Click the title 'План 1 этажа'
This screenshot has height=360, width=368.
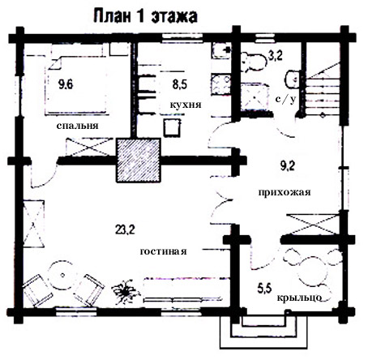click(145, 16)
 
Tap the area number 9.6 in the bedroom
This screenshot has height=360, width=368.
click(66, 84)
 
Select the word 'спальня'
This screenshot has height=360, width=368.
click(78, 126)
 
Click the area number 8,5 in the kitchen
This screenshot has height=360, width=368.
click(180, 84)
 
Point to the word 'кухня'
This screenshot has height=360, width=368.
click(186, 105)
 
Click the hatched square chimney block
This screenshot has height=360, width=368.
click(139, 161)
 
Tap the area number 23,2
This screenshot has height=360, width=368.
click(125, 229)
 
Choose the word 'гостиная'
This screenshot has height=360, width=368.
click(164, 251)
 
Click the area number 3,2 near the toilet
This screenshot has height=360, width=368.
click(276, 56)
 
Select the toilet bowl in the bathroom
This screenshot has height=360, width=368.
click(253, 62)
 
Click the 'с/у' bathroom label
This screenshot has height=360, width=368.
click(285, 100)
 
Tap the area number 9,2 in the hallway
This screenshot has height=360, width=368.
click(288, 165)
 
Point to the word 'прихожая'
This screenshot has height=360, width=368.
click(285, 192)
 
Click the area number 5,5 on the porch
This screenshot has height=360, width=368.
click(264, 289)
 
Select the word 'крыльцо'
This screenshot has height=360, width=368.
click(299, 298)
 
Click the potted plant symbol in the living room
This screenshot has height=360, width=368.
click(126, 292)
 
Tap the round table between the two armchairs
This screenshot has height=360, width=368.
click(62, 275)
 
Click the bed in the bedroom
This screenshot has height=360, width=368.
click(76, 85)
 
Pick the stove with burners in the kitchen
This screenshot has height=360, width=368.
click(220, 84)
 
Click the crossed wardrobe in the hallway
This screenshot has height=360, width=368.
click(313, 224)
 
